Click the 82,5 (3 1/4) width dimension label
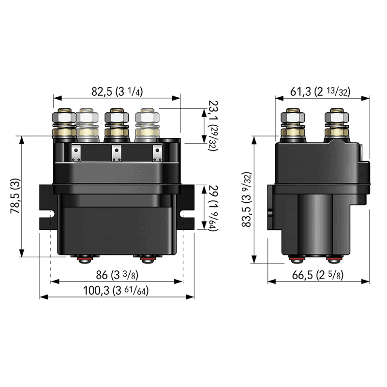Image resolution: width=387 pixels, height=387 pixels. [117, 91]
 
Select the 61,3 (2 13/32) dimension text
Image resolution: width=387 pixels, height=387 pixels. [320, 91]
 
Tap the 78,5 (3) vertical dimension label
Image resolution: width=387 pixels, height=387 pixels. [15, 196]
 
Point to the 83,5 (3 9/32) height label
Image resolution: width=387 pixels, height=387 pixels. [247, 199]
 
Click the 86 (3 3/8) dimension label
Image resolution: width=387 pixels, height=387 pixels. [117, 275]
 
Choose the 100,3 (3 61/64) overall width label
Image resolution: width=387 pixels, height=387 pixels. [116, 291]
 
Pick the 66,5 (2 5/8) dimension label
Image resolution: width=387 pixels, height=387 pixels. [318, 275]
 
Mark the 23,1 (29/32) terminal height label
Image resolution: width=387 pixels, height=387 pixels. [213, 126]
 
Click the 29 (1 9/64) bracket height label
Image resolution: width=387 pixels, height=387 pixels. [213, 208]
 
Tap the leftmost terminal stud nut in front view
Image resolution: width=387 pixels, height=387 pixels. [64, 117]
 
